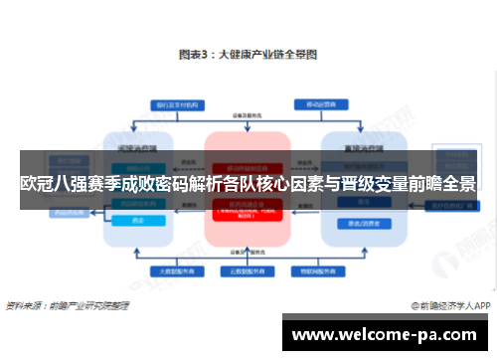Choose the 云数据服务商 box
(248, 270)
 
